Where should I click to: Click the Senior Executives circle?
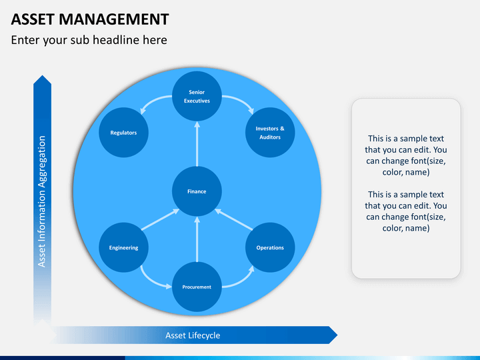[x=197, y=97]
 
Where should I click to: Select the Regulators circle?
[x=123, y=133]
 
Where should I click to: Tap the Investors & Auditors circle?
[x=270, y=133]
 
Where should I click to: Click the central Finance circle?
[x=197, y=191]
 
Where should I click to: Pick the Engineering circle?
[x=123, y=247]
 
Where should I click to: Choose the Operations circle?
[x=270, y=247]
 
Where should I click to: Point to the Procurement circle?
[x=197, y=287]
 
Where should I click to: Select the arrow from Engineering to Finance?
[x=160, y=220]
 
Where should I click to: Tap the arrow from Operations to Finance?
[x=233, y=220]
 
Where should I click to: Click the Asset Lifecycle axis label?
[x=193, y=335]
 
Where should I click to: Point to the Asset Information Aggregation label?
[x=42, y=201]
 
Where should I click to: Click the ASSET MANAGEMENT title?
[x=90, y=19]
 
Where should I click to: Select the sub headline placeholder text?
[x=89, y=40]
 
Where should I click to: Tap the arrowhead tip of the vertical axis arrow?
[x=42, y=77]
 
